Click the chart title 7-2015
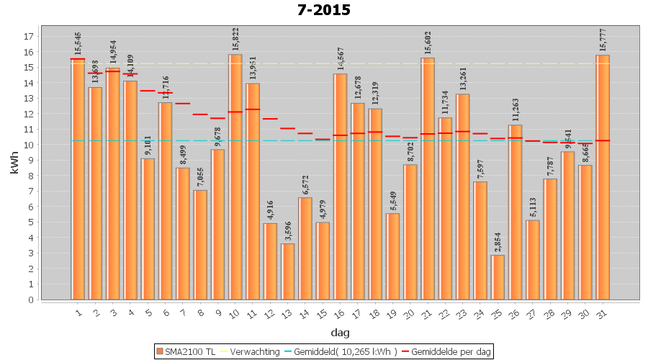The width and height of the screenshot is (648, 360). (x=324, y=10)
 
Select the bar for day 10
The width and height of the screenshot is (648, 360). (x=235, y=176)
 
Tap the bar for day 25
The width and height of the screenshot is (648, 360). (x=498, y=277)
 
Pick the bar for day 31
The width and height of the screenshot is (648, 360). (x=603, y=176)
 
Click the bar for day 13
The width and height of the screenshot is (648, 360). (x=288, y=271)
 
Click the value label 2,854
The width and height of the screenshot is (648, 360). (x=498, y=241)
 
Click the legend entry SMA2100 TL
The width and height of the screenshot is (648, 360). (x=186, y=351)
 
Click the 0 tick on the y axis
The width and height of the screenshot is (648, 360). (x=31, y=300)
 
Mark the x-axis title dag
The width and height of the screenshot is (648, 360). (x=340, y=332)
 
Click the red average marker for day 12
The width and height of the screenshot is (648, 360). (x=270, y=119)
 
